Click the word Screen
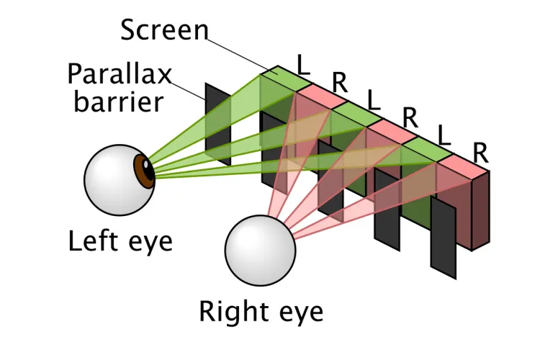point(163,30)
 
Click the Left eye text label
point(120,240)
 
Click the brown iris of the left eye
point(146,173)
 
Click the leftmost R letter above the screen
point(339,82)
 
